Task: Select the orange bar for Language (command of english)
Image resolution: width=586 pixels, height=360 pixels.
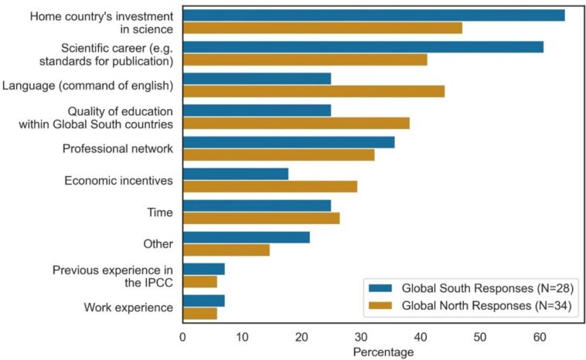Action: tap(313, 91)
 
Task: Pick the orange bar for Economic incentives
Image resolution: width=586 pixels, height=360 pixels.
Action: tap(270, 186)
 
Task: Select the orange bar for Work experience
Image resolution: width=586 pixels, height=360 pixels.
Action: tap(199, 313)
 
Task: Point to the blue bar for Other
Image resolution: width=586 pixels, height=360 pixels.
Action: tap(246, 237)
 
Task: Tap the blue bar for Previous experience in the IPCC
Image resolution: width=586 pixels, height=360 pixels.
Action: tap(203, 269)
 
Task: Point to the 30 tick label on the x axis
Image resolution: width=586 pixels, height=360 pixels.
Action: tap(361, 336)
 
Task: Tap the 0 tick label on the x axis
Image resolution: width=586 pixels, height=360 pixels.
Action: tap(182, 336)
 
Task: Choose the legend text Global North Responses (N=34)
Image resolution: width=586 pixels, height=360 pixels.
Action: tap(485, 305)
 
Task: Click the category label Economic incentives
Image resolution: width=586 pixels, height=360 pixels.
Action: tap(118, 181)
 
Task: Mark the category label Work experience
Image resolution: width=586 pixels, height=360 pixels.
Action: tap(128, 307)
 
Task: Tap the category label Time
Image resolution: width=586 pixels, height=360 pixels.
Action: tap(162, 212)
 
